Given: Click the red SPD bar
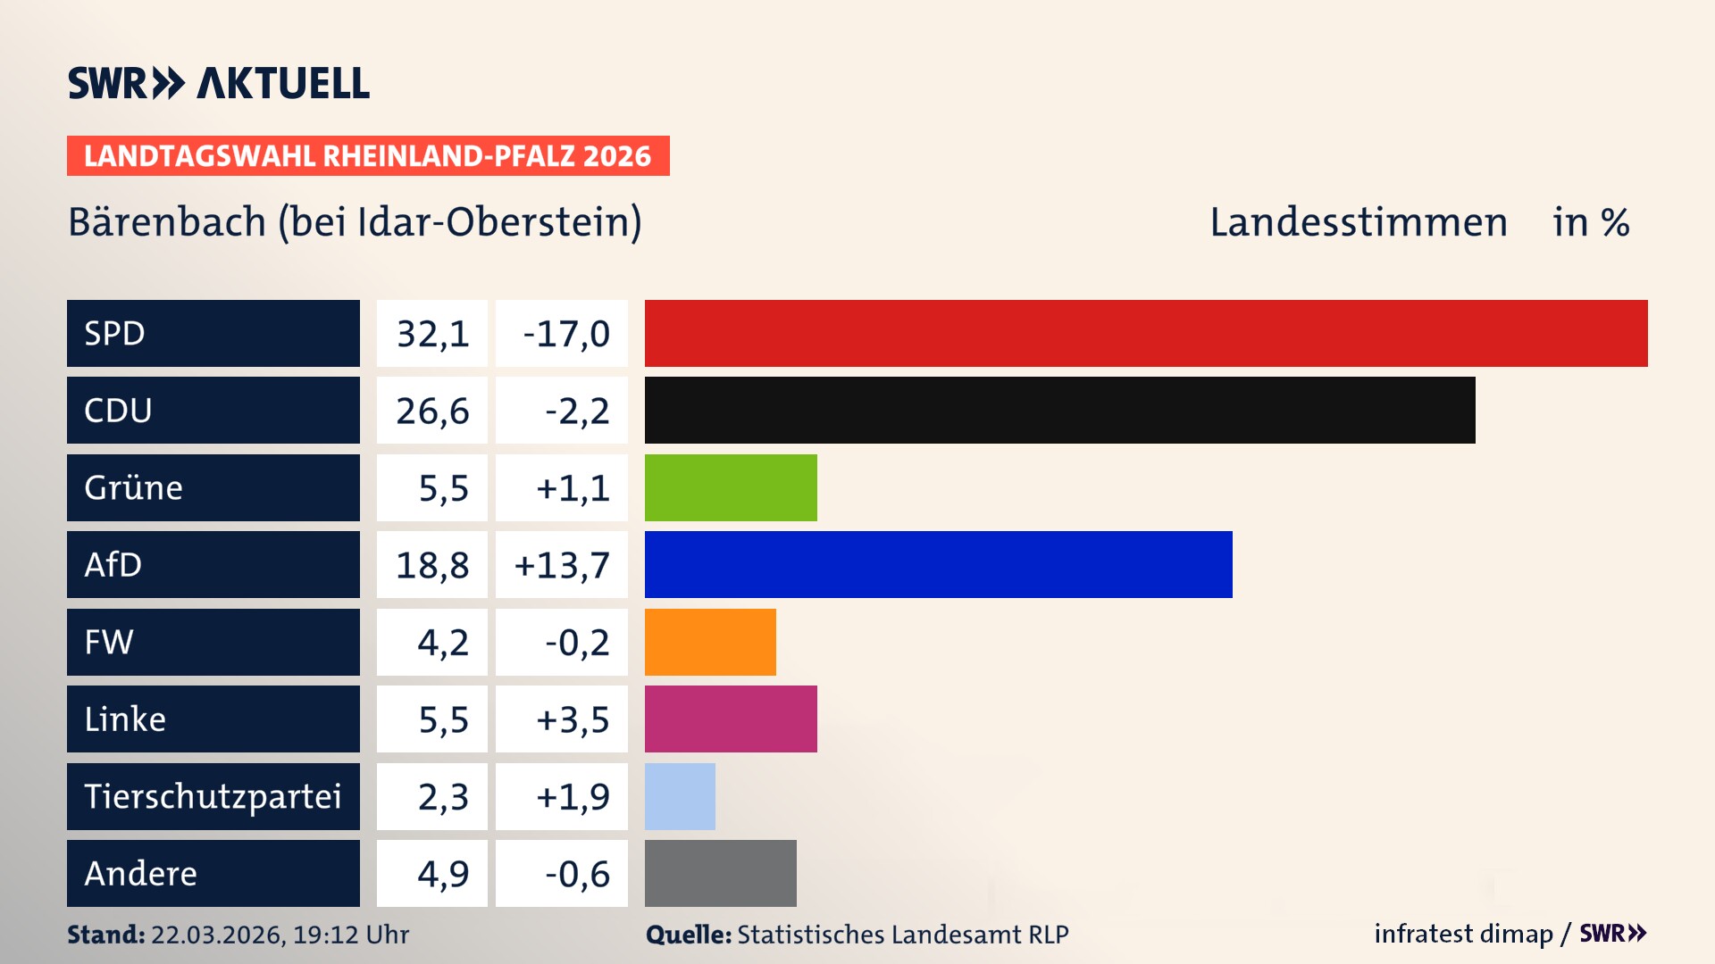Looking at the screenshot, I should (1146, 333).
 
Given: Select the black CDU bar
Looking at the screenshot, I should (1059, 411).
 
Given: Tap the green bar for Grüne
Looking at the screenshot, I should (731, 487).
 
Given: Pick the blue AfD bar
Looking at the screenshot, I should (938, 564).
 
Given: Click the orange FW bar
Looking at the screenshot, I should (710, 642).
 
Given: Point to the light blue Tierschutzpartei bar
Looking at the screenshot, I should (680, 796).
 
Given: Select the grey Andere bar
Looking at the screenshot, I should (720, 873).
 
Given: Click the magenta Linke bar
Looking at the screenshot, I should (731, 719).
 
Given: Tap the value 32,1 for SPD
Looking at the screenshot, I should (432, 334).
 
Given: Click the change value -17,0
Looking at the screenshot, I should (565, 334).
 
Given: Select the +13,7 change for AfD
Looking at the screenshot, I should (562, 565).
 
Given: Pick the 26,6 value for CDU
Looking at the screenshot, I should (432, 411).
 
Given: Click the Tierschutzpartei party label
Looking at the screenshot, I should (213, 796).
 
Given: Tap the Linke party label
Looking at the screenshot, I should (125, 719).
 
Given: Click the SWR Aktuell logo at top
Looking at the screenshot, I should (218, 83).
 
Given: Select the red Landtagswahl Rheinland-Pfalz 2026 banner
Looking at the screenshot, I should (367, 156).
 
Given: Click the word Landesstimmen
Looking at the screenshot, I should (1358, 222).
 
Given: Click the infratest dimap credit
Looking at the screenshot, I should (1462, 934).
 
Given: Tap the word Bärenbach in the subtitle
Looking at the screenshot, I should (167, 222).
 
